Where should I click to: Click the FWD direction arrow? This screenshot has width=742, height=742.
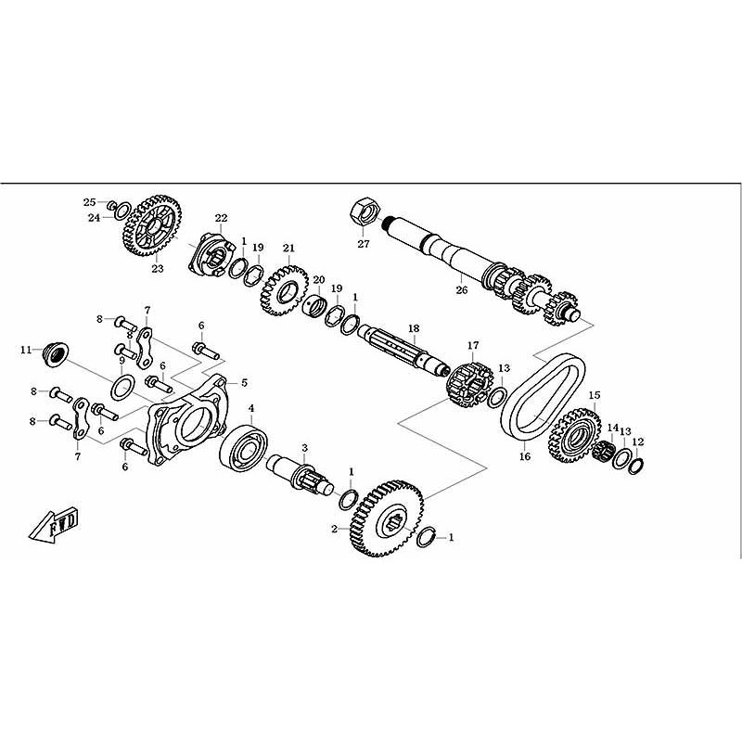[54, 524]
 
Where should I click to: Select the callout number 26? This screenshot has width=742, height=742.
[461, 289]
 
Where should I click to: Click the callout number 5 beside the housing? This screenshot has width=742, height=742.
[244, 382]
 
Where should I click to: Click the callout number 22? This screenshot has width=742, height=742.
[221, 218]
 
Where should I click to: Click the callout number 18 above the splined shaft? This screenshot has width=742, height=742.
[414, 328]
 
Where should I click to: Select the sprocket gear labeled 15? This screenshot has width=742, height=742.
[574, 436]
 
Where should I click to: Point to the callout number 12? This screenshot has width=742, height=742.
[638, 442]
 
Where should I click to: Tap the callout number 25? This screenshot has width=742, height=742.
[89, 202]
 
